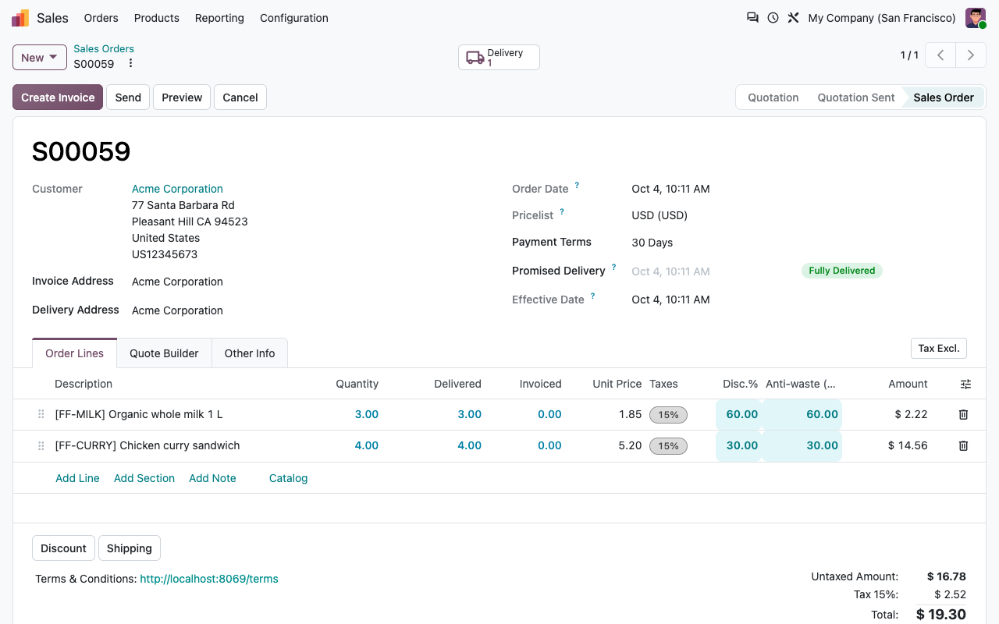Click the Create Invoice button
click(58, 97)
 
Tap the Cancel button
click(240, 97)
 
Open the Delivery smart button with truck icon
click(499, 57)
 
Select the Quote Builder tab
click(164, 353)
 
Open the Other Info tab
click(249, 353)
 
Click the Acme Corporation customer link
click(177, 189)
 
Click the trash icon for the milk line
click(963, 414)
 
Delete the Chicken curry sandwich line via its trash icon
click(963, 445)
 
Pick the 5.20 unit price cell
click(630, 445)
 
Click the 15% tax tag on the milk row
click(668, 414)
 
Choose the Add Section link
click(144, 478)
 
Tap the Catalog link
click(288, 478)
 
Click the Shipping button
click(130, 548)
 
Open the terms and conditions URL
click(208, 579)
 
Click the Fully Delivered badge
click(841, 271)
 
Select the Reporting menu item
click(219, 18)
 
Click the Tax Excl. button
click(938, 348)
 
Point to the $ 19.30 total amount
click(940, 614)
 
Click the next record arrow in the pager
click(970, 55)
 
